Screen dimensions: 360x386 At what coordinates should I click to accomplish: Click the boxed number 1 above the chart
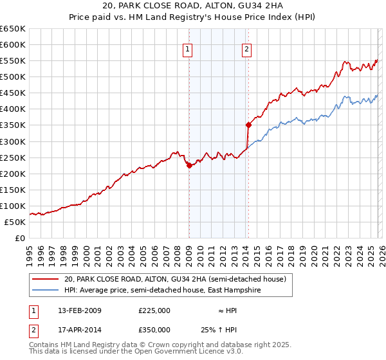pos(188,49)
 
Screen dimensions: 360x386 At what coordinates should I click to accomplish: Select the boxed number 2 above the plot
pos(247,49)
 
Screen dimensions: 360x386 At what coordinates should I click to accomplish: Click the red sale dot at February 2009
pos(189,165)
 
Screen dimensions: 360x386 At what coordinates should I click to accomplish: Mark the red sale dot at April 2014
pos(248,125)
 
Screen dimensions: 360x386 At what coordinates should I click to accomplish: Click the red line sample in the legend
pos(46,278)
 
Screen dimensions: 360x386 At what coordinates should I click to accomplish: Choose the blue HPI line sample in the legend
pos(46,290)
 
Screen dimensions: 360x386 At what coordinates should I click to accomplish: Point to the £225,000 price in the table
pos(154,310)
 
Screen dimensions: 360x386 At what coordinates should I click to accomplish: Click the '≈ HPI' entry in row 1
pos(226,310)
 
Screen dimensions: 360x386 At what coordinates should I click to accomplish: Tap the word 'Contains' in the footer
pos(44,345)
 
